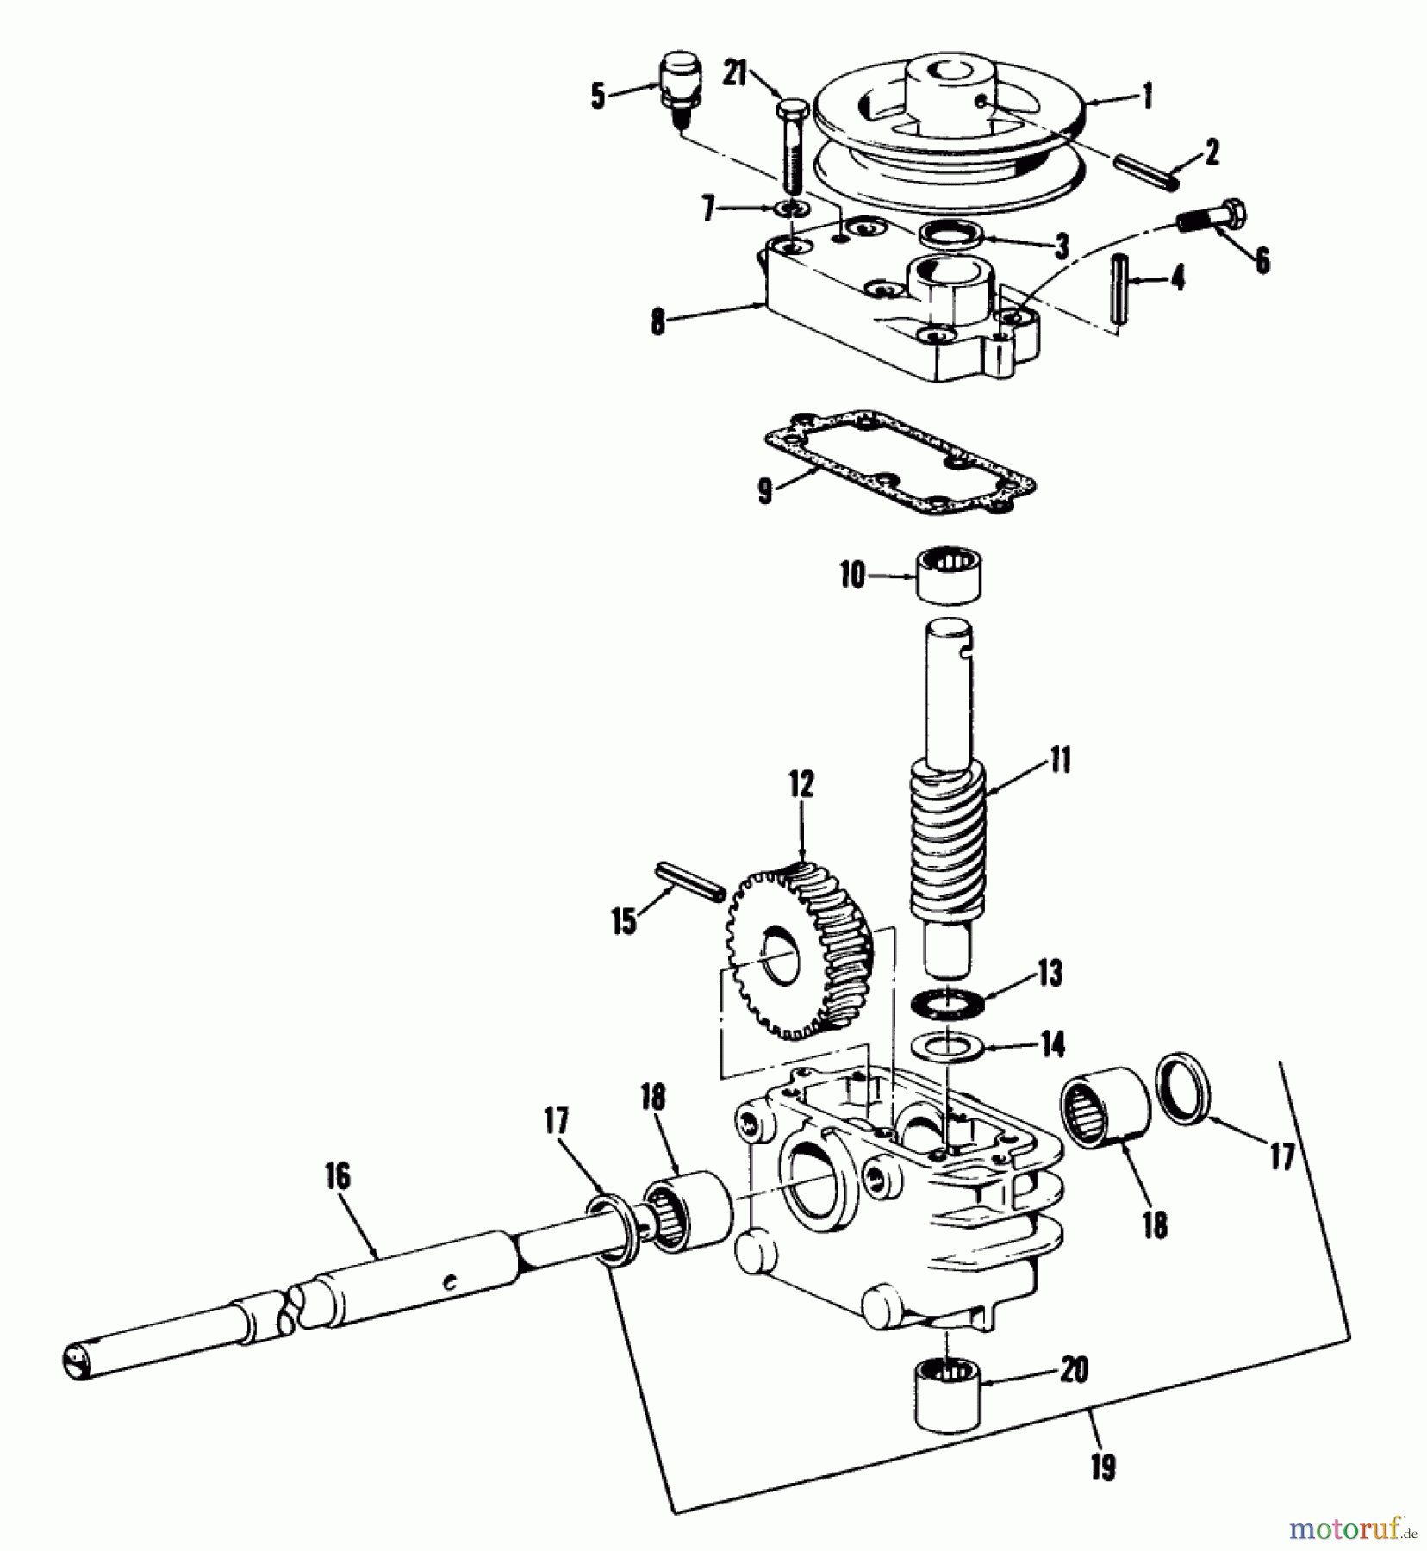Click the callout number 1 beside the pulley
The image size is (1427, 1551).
1146,97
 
